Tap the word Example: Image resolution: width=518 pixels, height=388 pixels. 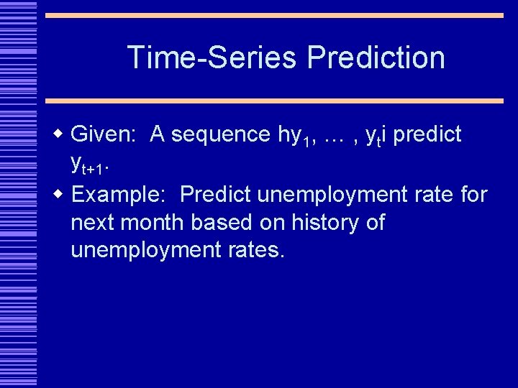click(x=120, y=195)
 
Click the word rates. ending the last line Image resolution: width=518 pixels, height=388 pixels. click(x=256, y=251)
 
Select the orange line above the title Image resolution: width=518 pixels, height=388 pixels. click(x=274, y=15)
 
